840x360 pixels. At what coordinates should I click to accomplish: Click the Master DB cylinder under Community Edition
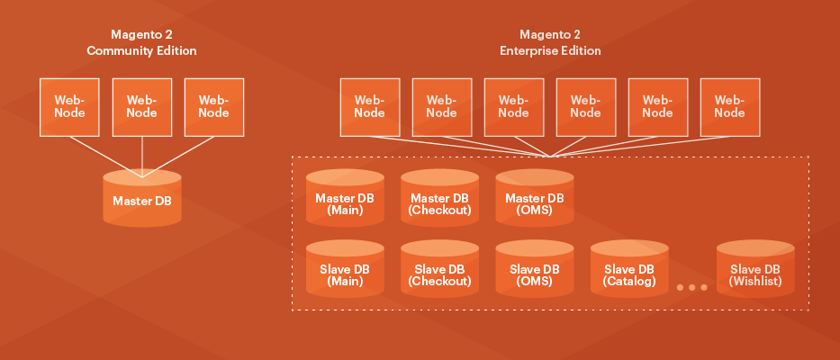pos(141,200)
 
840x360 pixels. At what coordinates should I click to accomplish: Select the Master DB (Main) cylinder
pos(345,203)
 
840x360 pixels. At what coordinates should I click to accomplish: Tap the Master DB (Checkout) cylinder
pos(439,203)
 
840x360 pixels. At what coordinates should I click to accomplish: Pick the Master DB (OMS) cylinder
pos(534,203)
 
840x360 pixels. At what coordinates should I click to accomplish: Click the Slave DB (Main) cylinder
pos(345,274)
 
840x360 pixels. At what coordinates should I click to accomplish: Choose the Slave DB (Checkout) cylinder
pos(439,274)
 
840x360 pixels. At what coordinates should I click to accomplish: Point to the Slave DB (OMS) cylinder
pos(534,274)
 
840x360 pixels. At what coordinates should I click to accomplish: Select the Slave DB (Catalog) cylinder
pos(628,274)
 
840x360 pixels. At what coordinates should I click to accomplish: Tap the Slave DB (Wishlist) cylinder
pos(755,274)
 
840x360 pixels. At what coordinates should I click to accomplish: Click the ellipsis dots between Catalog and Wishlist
pos(691,287)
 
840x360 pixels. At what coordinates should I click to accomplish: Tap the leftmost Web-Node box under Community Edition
pos(69,106)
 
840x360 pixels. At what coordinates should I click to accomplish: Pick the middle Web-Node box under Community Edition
pos(141,106)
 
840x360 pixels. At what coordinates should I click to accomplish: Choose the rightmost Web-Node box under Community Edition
pos(213,106)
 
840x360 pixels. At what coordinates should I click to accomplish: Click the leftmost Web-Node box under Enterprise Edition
pos(369,106)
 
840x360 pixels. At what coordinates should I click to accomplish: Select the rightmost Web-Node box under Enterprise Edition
pos(729,106)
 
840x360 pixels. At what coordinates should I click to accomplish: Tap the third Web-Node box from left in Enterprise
pos(513,106)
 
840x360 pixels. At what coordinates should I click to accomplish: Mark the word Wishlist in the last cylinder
pos(755,282)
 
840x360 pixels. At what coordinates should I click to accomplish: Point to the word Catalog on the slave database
pos(628,282)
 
